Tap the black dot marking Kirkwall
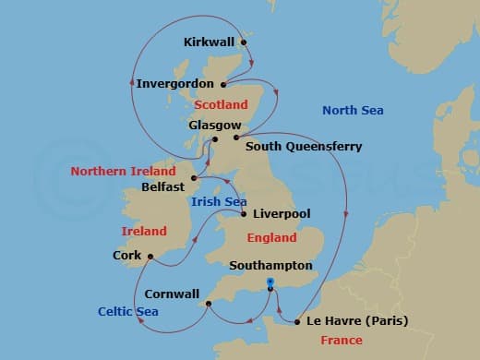[x=244, y=42]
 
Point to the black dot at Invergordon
[x=223, y=83]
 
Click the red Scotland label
[x=222, y=105]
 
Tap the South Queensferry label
[x=304, y=146]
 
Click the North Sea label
[x=353, y=111]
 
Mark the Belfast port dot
[x=193, y=177]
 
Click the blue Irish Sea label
[x=218, y=201]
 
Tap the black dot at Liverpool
[x=243, y=215]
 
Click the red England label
[x=272, y=238]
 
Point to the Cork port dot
[x=150, y=257]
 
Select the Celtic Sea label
[x=128, y=312]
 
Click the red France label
[x=341, y=341]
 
